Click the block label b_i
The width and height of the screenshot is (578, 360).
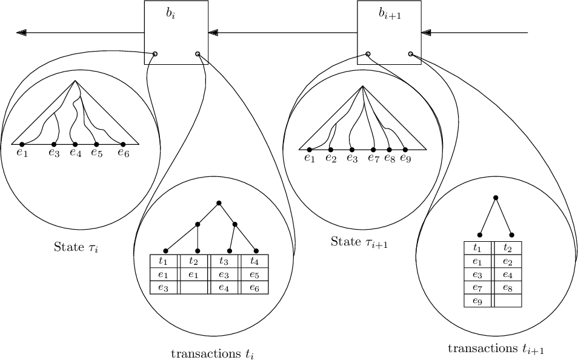click(170, 13)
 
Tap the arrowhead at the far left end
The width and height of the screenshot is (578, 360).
click(21, 32)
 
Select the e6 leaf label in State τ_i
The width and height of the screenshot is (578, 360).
click(124, 153)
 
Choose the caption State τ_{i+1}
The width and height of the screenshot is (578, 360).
click(359, 242)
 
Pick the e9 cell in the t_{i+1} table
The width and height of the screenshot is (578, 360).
click(477, 300)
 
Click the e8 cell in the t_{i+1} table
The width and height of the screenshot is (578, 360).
click(508, 287)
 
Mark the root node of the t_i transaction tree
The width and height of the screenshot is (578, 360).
click(219, 202)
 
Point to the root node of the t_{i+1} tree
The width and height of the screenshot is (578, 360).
click(496, 198)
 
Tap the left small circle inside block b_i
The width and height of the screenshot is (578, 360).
click(156, 54)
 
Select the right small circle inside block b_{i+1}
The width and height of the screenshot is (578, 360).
click(411, 54)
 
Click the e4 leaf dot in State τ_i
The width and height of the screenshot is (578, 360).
click(75, 144)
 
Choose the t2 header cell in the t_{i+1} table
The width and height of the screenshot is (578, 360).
click(508, 248)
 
